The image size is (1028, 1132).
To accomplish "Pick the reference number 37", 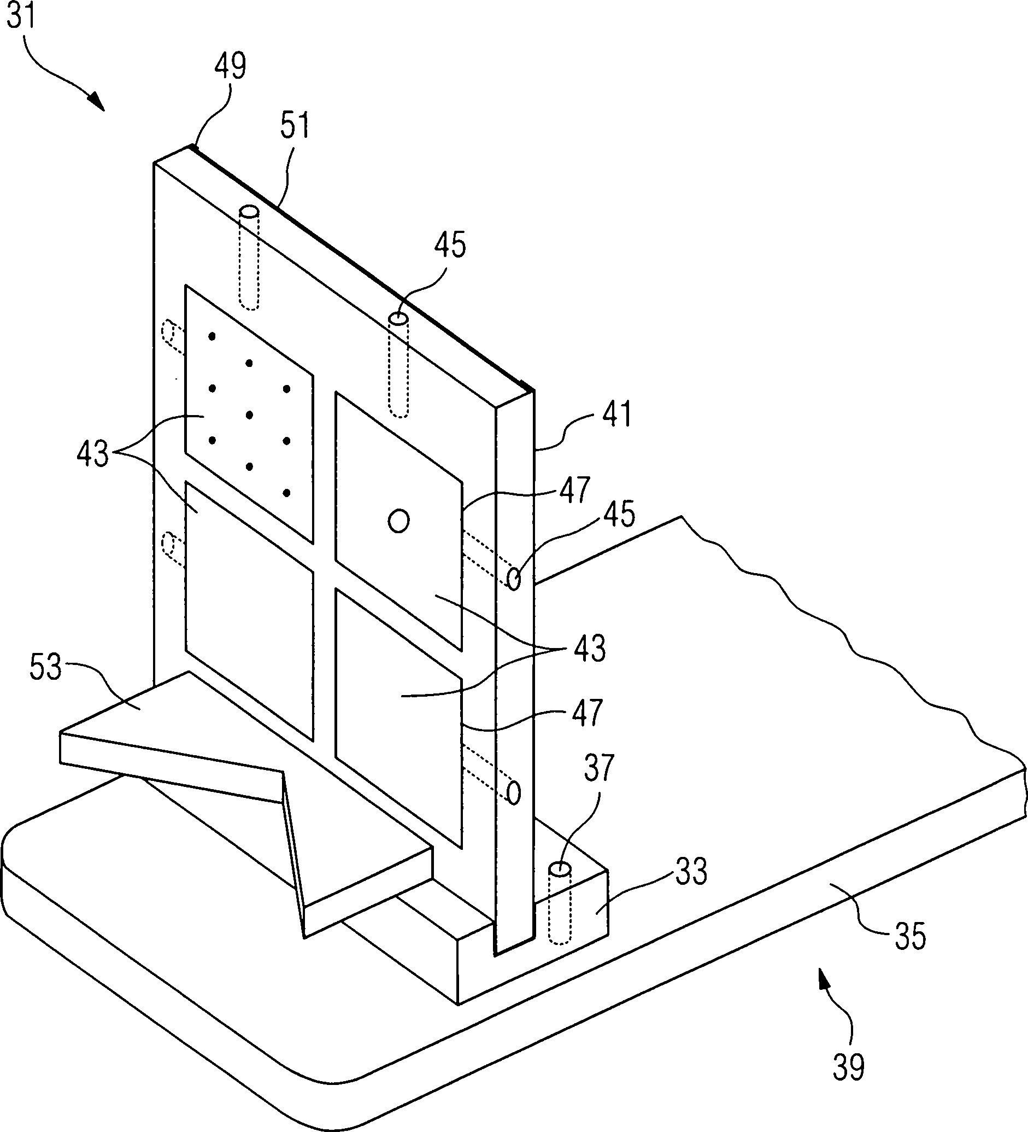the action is (x=599, y=768).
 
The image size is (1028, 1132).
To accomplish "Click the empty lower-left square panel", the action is (x=249, y=612).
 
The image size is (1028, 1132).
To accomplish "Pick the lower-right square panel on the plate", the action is (x=399, y=718).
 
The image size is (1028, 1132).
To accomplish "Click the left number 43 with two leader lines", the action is (x=93, y=454).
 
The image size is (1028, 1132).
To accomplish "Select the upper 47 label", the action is (x=574, y=489).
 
